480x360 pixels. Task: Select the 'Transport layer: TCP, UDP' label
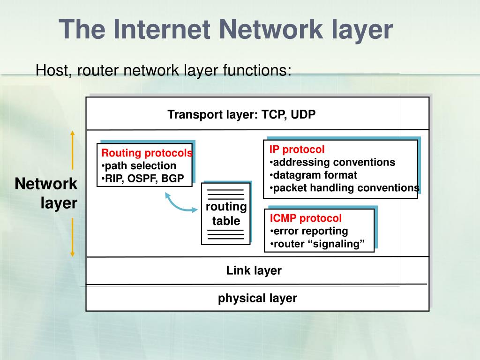click(x=242, y=114)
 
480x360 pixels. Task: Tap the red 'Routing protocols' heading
click(x=147, y=153)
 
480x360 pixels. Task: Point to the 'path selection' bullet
click(x=139, y=165)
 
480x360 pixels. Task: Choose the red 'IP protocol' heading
click(x=297, y=150)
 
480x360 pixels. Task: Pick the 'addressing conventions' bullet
click(x=332, y=162)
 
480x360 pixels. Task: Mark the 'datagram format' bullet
click(x=313, y=175)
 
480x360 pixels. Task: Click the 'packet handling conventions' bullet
click(x=345, y=187)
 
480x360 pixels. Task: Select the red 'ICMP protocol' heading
click(x=306, y=218)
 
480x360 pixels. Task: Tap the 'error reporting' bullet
click(x=309, y=231)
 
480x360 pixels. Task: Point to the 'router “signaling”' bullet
click(x=317, y=244)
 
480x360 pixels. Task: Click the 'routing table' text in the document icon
click(x=226, y=214)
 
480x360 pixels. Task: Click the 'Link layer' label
click(x=254, y=270)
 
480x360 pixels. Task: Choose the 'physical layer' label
click(x=257, y=298)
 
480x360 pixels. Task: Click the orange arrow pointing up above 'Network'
click(x=72, y=150)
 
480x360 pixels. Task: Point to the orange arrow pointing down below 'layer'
click(x=72, y=237)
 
